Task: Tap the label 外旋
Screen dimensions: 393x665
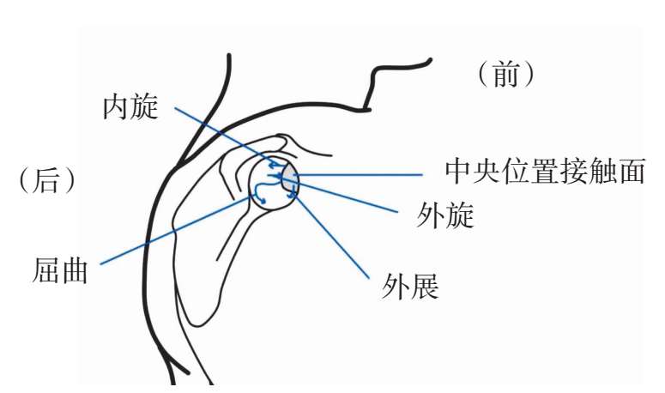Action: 445,216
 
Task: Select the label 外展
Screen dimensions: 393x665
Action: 410,287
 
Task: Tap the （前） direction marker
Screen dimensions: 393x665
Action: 506,76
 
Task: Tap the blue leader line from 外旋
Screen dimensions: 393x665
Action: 352,196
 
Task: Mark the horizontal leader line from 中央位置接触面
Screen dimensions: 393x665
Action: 360,174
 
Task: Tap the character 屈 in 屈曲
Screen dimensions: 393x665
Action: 45,271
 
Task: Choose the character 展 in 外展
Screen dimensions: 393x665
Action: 425,287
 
